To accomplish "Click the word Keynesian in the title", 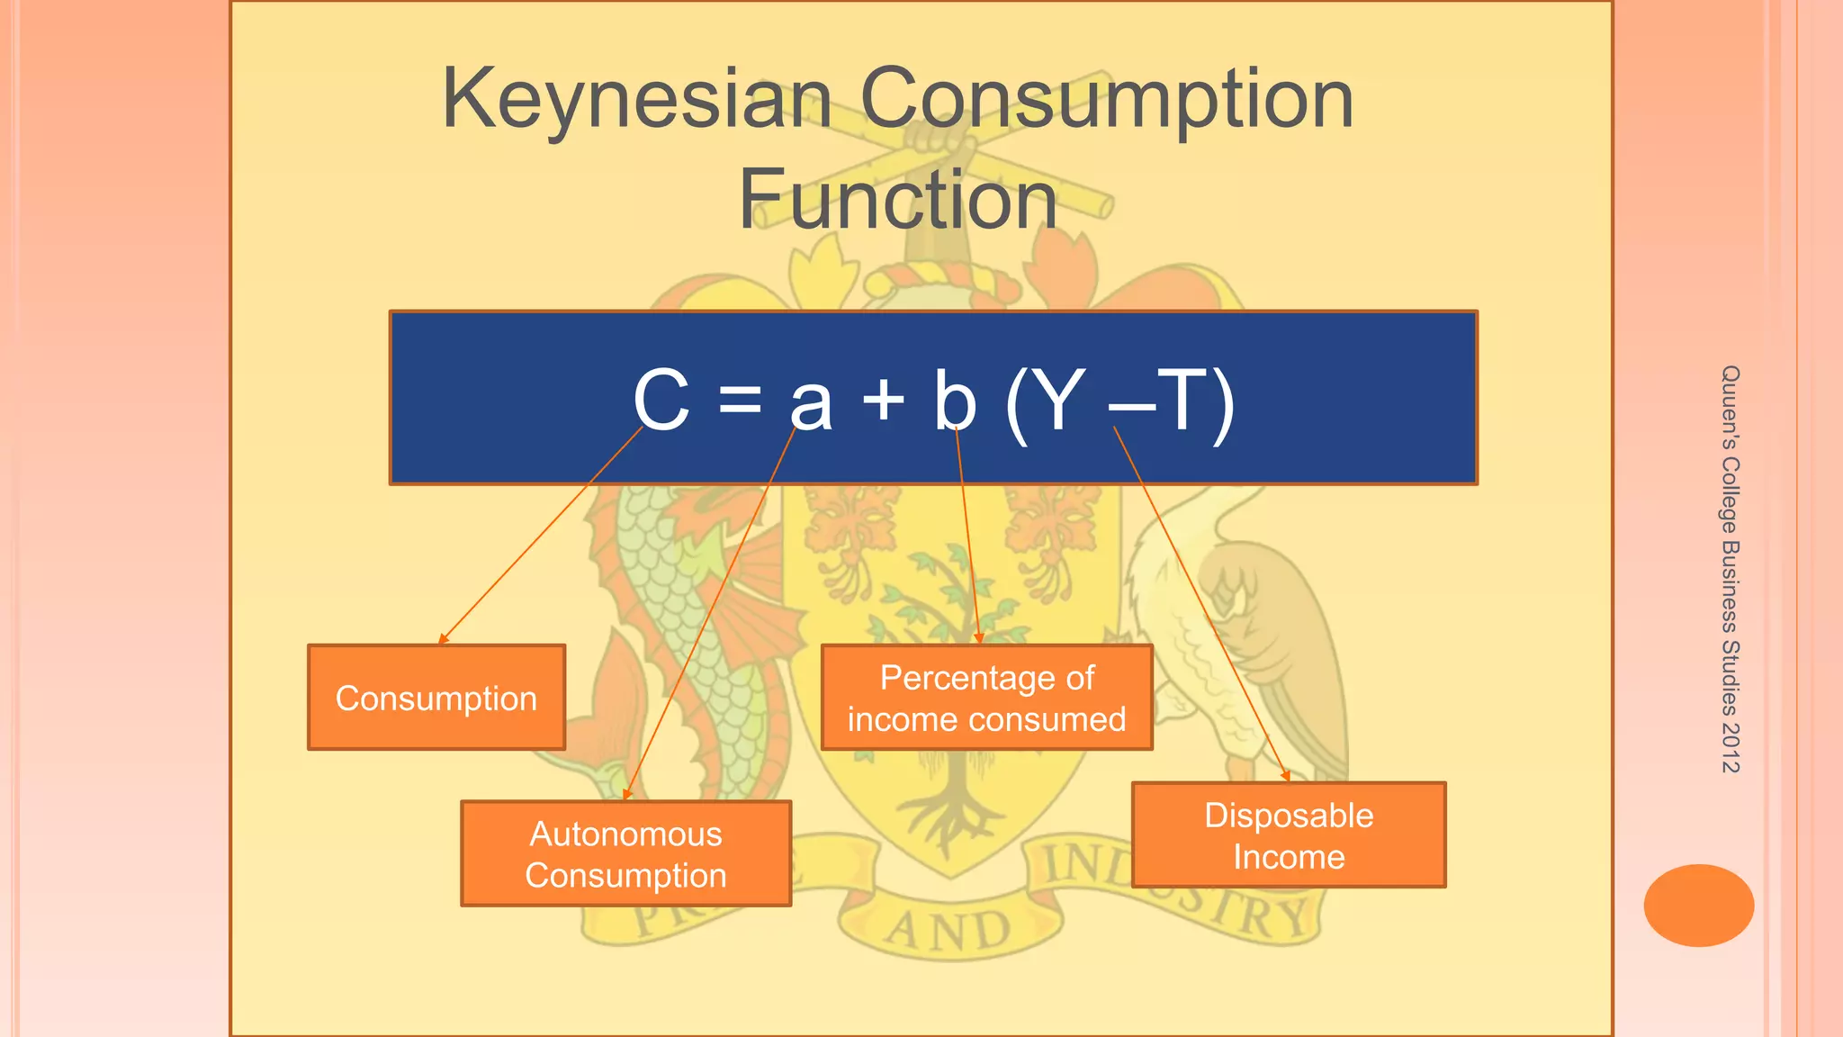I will [x=636, y=99].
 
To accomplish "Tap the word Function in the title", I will [x=897, y=200].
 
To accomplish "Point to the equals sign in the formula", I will [x=740, y=399].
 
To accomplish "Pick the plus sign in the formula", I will [x=883, y=399].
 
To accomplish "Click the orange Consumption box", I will [x=436, y=698].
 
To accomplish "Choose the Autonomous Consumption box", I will [x=625, y=853].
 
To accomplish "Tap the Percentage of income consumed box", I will [x=986, y=698].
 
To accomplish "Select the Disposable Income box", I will [x=1289, y=835].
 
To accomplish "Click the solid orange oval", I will [x=1698, y=906].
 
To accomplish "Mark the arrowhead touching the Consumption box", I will [x=441, y=640].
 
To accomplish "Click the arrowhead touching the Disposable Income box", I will [x=1287, y=777].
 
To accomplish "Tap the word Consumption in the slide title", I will [x=1107, y=99].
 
